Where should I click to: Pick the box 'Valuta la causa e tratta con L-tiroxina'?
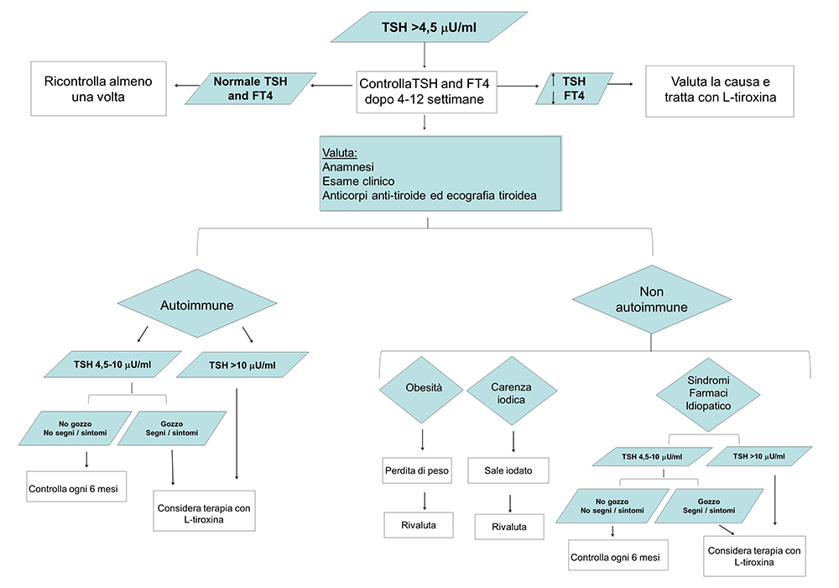[720, 90]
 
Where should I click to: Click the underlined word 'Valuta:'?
[340, 153]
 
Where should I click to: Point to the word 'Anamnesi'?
[348, 167]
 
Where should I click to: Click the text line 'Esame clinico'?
[358, 181]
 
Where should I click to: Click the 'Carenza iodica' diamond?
[511, 391]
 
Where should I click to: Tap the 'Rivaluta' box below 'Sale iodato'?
[510, 526]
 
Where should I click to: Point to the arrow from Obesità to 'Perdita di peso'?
[422, 439]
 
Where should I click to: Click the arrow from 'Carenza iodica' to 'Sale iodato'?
[513, 440]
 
